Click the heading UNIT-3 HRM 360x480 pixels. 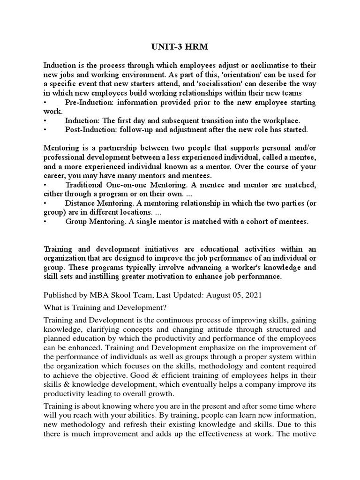(180, 47)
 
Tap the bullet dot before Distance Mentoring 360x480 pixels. (45, 203)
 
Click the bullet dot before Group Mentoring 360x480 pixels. (45, 222)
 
